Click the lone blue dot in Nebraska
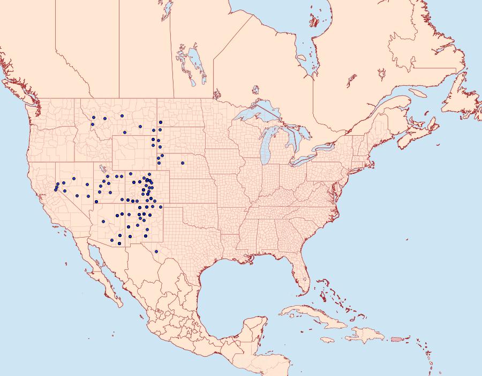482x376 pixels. coord(183,162)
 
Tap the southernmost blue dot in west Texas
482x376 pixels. coord(156,252)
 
